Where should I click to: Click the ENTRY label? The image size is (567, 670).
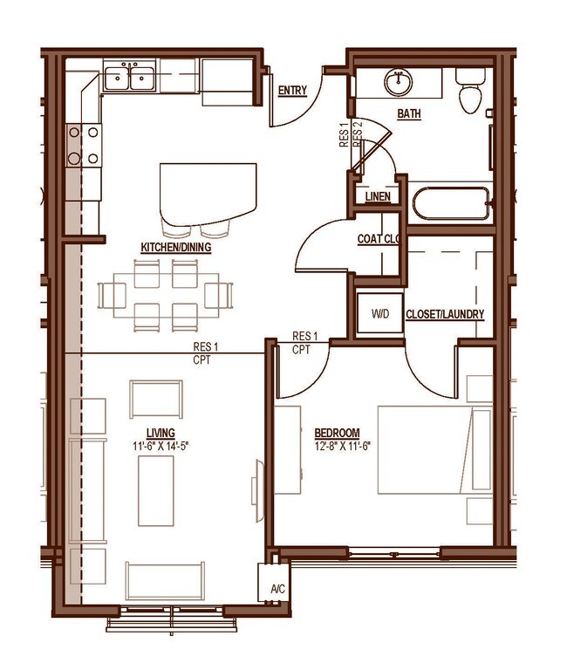(x=291, y=91)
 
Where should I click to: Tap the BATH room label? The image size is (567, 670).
(x=408, y=114)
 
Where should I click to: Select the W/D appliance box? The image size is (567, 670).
(x=379, y=313)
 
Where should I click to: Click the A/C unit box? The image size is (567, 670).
(x=277, y=588)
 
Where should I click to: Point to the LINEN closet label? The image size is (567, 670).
(x=377, y=198)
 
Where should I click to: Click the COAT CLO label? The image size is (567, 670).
(x=378, y=239)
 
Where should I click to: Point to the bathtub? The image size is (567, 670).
(x=452, y=204)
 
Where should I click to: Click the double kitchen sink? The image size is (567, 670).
(x=130, y=79)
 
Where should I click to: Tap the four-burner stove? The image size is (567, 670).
(x=82, y=145)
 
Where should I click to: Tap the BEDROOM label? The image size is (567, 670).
(x=338, y=434)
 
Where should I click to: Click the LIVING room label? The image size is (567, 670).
(x=161, y=433)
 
